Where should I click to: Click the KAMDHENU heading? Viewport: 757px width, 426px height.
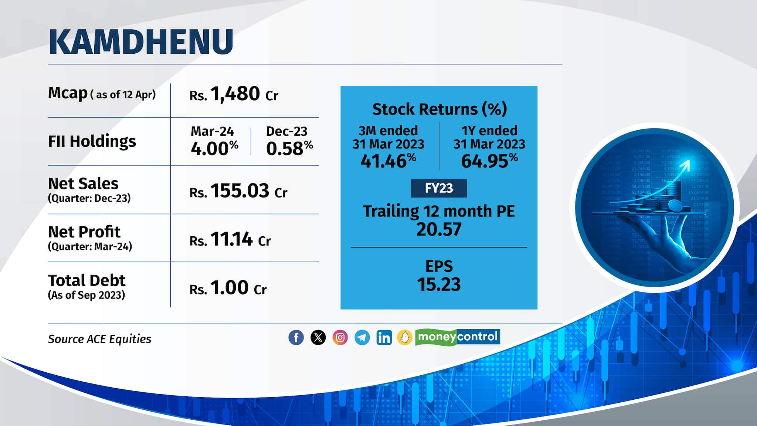[141, 41]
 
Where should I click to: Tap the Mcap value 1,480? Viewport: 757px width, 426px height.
[235, 94]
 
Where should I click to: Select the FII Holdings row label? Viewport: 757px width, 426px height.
[92, 141]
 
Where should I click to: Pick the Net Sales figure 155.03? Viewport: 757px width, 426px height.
[240, 191]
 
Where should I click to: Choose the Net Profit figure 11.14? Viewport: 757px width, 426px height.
[232, 239]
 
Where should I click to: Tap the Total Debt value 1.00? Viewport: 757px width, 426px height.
[229, 288]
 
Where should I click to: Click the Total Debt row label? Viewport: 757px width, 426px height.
[86, 281]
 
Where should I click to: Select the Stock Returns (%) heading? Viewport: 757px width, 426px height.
[439, 109]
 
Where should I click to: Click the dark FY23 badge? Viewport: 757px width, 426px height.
[439, 189]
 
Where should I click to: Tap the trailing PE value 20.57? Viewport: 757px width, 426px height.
[439, 229]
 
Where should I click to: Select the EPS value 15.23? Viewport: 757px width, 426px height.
[439, 284]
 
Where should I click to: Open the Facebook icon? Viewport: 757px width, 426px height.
[296, 338]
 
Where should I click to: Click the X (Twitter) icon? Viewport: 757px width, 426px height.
[318, 338]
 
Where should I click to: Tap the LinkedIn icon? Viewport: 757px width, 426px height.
[384, 338]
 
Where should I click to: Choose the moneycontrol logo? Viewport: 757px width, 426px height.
[458, 337]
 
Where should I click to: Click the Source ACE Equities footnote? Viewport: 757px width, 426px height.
[99, 339]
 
